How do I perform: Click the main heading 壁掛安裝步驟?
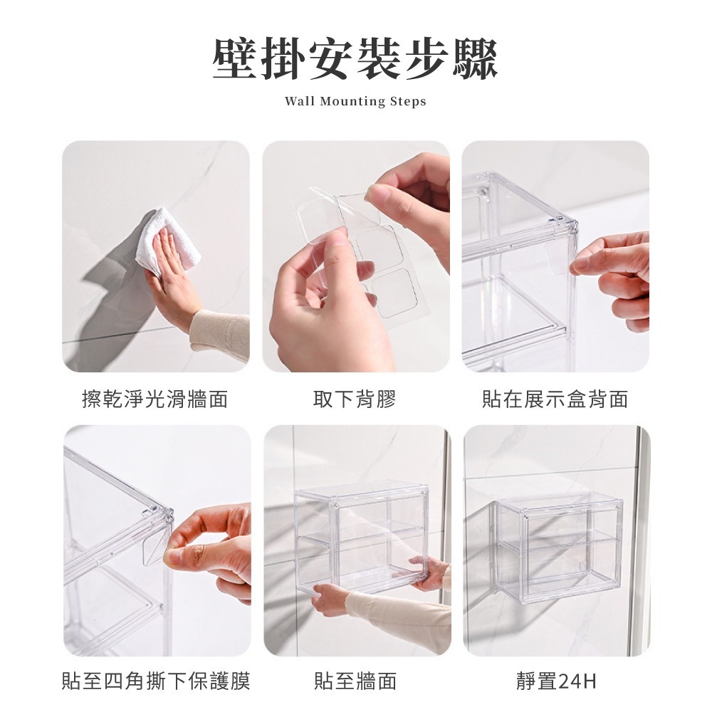355,59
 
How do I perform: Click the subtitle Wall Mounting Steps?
355,101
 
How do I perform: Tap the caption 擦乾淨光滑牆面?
155,399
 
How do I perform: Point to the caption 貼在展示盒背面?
555,399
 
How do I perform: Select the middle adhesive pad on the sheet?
379,248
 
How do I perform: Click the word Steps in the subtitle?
408,101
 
